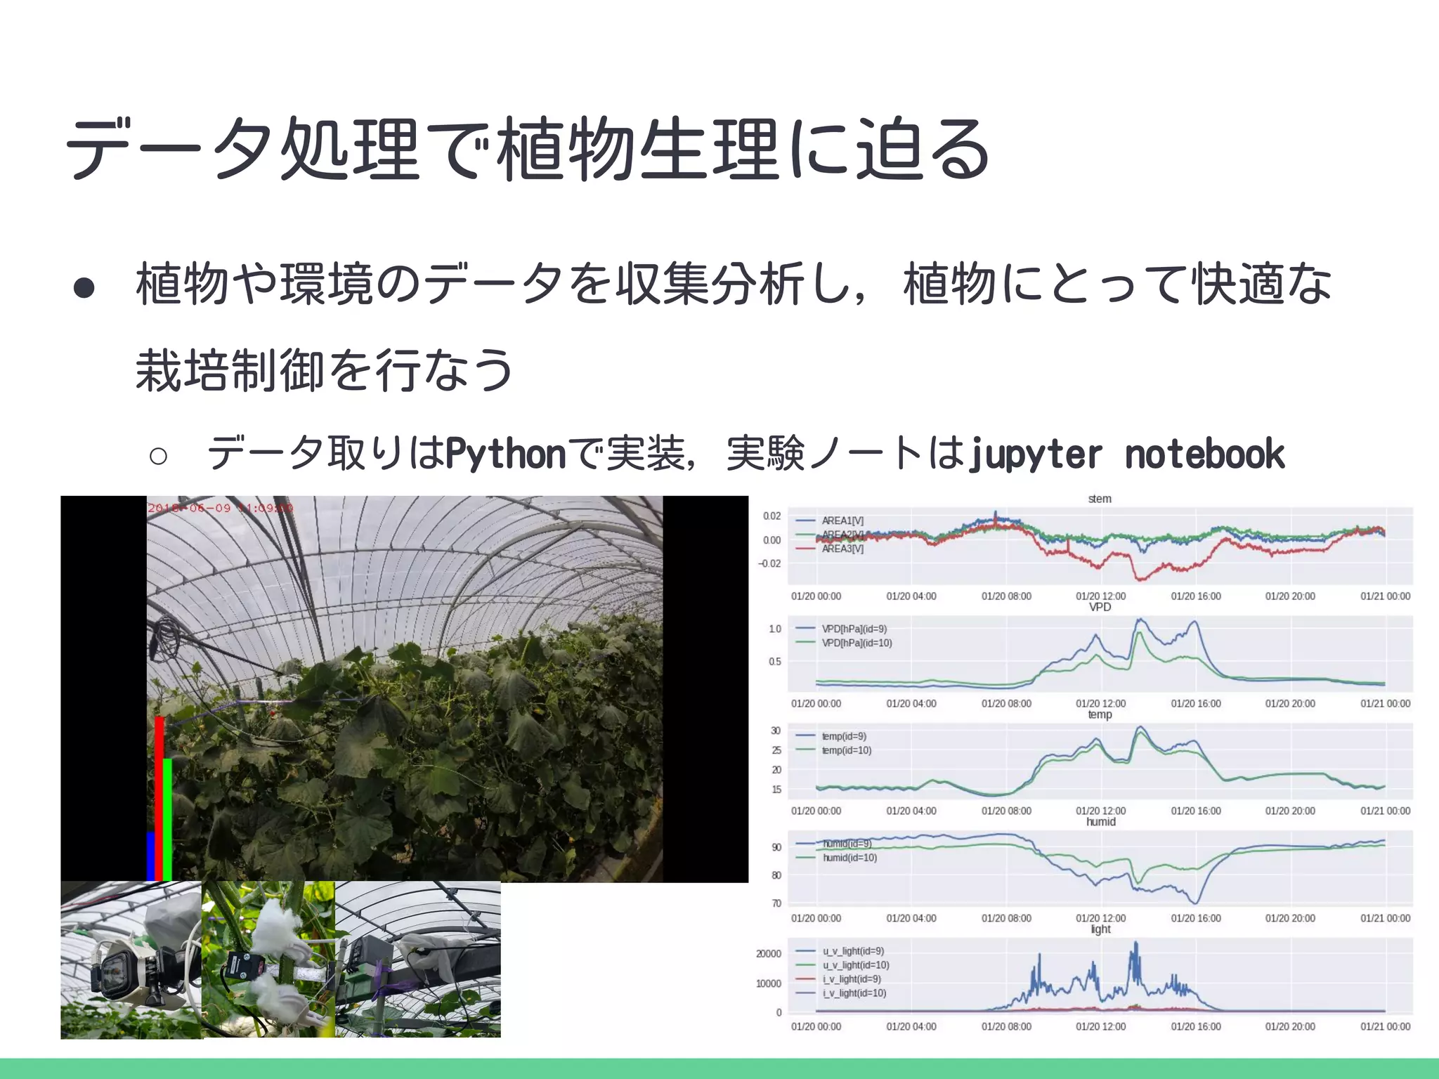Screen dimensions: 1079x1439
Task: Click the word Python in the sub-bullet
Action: click(x=506, y=454)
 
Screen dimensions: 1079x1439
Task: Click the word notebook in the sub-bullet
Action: click(x=1204, y=454)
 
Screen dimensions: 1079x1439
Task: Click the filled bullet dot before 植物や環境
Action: click(x=84, y=287)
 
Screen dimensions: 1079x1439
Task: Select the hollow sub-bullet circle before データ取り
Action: click(x=158, y=456)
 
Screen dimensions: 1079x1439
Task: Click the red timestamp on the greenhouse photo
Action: click(x=220, y=508)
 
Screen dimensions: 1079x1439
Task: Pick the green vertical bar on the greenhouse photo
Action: click(x=168, y=818)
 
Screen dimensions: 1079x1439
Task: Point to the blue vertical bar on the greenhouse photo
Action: click(x=150, y=856)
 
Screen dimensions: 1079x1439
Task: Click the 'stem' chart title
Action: click(x=1100, y=499)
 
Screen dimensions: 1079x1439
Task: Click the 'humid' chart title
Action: click(x=1100, y=822)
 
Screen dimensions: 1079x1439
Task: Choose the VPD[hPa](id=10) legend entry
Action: click(x=857, y=643)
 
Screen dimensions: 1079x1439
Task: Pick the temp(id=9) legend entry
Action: click(x=844, y=736)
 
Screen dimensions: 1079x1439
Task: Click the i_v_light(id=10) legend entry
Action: click(x=854, y=993)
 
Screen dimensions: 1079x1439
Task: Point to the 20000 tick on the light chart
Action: click(x=768, y=954)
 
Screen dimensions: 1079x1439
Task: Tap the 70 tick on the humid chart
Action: click(x=776, y=903)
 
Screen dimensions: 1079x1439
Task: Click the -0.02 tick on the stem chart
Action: click(x=770, y=563)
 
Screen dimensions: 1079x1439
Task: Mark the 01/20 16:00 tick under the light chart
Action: click(x=1196, y=1026)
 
